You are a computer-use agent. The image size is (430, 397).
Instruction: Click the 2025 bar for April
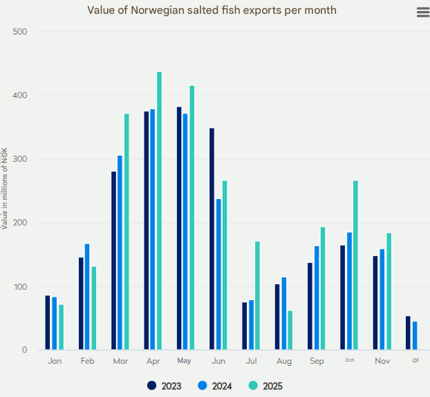click(160, 211)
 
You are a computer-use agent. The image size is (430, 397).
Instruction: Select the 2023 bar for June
click(212, 239)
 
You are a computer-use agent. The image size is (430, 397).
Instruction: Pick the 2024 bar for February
click(87, 297)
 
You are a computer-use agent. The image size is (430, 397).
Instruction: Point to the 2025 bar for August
click(290, 330)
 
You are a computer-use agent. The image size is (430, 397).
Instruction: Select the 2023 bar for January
click(48, 322)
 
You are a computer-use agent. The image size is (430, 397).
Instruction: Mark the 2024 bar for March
click(120, 252)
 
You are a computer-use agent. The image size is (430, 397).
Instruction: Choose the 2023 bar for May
click(179, 228)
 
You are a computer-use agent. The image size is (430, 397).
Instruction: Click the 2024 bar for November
click(382, 299)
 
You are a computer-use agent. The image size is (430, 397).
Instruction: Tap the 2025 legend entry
click(265, 386)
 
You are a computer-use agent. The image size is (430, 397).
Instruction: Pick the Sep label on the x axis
click(317, 361)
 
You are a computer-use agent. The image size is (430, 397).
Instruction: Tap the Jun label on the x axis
click(218, 361)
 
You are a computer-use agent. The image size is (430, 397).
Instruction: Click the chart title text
click(212, 10)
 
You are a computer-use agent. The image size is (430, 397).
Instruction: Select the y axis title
click(6, 188)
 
